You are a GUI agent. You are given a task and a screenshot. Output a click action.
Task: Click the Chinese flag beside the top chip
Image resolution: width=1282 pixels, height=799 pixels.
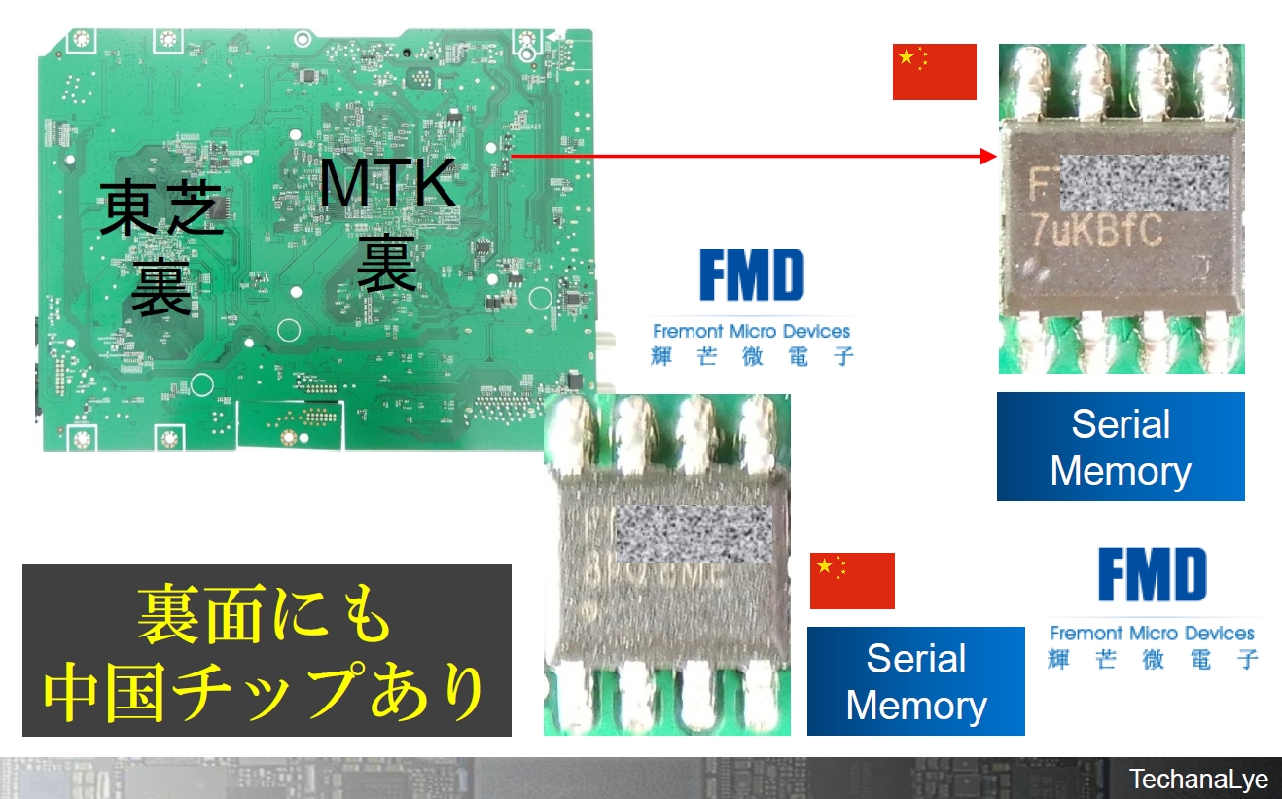(x=934, y=71)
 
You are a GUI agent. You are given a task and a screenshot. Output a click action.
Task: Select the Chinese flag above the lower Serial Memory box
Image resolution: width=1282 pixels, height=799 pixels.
(x=851, y=580)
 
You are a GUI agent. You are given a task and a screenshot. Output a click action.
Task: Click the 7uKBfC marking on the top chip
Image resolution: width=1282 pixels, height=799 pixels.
(x=1096, y=231)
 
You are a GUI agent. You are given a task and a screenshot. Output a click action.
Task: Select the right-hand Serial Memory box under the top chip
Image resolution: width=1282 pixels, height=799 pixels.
(x=1121, y=447)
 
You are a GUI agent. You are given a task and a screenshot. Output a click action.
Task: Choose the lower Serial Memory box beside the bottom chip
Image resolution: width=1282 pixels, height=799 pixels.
(x=915, y=681)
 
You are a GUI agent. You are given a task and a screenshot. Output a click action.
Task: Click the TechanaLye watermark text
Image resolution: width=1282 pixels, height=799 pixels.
(x=1198, y=780)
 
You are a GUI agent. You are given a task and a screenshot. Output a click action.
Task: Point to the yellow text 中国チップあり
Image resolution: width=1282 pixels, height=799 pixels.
(x=266, y=691)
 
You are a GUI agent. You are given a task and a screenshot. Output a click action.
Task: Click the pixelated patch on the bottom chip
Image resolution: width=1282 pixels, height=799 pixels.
(x=694, y=533)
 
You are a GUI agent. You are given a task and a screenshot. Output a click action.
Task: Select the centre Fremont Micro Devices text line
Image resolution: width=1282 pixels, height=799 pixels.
(x=751, y=331)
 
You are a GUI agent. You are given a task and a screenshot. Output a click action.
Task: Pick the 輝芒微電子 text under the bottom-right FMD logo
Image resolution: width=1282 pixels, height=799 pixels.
(x=1153, y=659)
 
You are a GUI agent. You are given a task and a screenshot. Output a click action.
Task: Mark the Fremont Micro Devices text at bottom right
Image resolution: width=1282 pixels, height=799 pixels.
(x=1152, y=633)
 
